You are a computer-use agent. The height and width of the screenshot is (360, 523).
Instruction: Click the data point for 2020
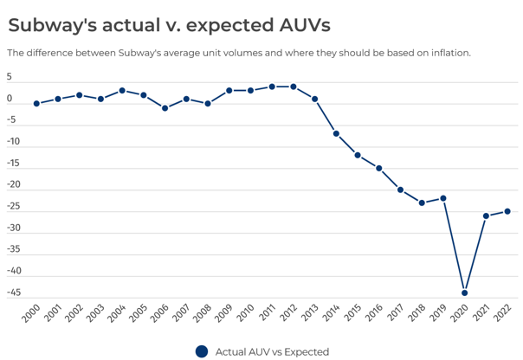point(465,292)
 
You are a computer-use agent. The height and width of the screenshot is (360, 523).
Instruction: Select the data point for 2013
point(314,99)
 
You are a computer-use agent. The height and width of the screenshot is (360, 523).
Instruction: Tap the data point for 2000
point(36,103)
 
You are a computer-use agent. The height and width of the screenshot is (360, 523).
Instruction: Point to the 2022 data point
point(507,211)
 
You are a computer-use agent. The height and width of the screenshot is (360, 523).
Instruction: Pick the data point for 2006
point(165,108)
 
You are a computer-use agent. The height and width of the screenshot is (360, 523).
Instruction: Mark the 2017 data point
point(401,190)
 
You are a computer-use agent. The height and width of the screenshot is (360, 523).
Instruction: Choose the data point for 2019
point(443,198)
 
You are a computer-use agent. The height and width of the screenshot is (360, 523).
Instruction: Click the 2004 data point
point(122,90)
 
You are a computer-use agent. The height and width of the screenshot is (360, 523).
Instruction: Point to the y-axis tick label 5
point(10,77)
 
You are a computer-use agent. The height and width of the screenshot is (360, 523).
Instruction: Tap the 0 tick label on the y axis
point(10,99)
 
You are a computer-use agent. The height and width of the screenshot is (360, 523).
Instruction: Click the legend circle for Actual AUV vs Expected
point(202,351)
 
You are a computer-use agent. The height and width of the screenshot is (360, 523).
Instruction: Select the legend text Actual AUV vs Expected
point(272,352)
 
